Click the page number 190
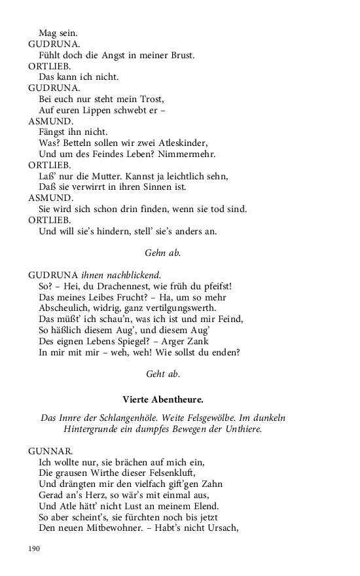coord(35,548)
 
